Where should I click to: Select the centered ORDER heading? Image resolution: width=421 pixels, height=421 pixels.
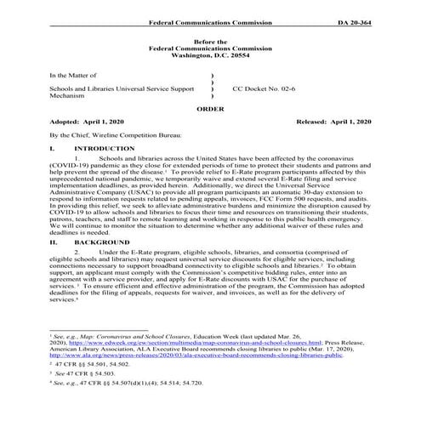pyautogui.click(x=210, y=110)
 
